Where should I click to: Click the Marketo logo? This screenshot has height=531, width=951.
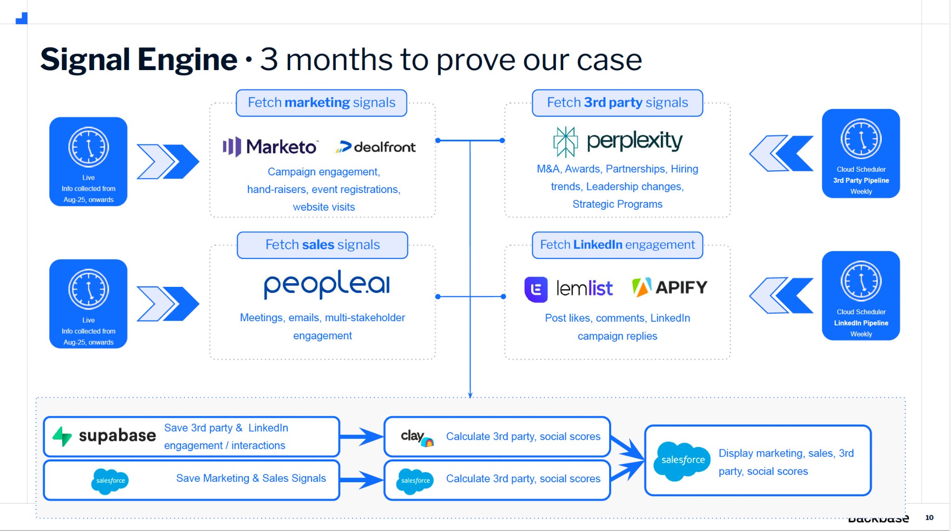click(270, 147)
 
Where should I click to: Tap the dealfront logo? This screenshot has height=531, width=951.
click(376, 147)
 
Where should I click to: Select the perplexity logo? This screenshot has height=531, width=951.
click(618, 142)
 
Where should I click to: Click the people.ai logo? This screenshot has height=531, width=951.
click(327, 285)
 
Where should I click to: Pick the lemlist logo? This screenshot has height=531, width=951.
click(568, 289)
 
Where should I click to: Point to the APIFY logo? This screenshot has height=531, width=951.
click(670, 287)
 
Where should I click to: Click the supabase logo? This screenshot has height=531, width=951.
click(104, 436)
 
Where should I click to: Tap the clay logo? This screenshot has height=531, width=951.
click(417, 437)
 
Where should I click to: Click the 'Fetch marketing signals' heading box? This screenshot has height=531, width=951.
click(321, 103)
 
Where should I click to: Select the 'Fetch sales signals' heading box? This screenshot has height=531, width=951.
click(322, 245)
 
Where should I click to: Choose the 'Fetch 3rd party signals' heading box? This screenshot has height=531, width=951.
click(617, 103)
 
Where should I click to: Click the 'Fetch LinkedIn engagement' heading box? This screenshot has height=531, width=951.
click(617, 245)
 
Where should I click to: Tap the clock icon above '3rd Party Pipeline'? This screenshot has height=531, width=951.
click(861, 139)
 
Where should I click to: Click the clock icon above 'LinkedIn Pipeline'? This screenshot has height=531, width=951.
click(861, 281)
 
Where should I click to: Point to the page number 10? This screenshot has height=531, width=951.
click(929, 518)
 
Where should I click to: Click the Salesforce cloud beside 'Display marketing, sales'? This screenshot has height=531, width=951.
click(682, 460)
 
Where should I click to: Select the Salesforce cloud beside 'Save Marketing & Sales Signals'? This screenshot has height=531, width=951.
click(110, 481)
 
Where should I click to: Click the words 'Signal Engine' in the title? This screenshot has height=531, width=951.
click(139, 59)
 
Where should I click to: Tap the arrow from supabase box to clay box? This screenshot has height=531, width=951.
click(362, 437)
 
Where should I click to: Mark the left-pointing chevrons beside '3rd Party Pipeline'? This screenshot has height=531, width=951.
click(782, 153)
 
